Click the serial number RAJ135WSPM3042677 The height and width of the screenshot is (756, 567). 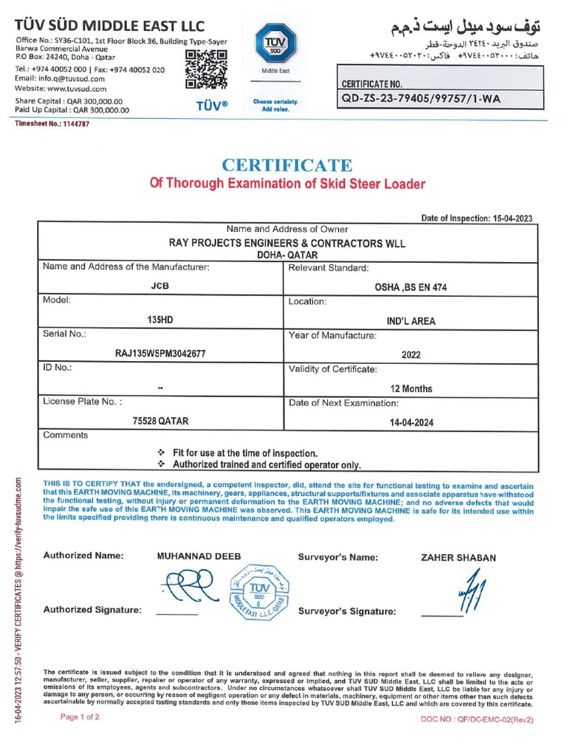click(160, 354)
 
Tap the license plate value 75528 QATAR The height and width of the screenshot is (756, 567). click(160, 421)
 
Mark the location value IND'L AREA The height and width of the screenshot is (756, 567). click(411, 320)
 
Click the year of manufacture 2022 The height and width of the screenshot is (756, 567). click(411, 354)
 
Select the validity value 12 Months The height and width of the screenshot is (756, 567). click(411, 388)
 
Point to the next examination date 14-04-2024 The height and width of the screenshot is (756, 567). click(411, 422)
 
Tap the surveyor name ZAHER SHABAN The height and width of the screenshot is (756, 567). click(458, 558)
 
